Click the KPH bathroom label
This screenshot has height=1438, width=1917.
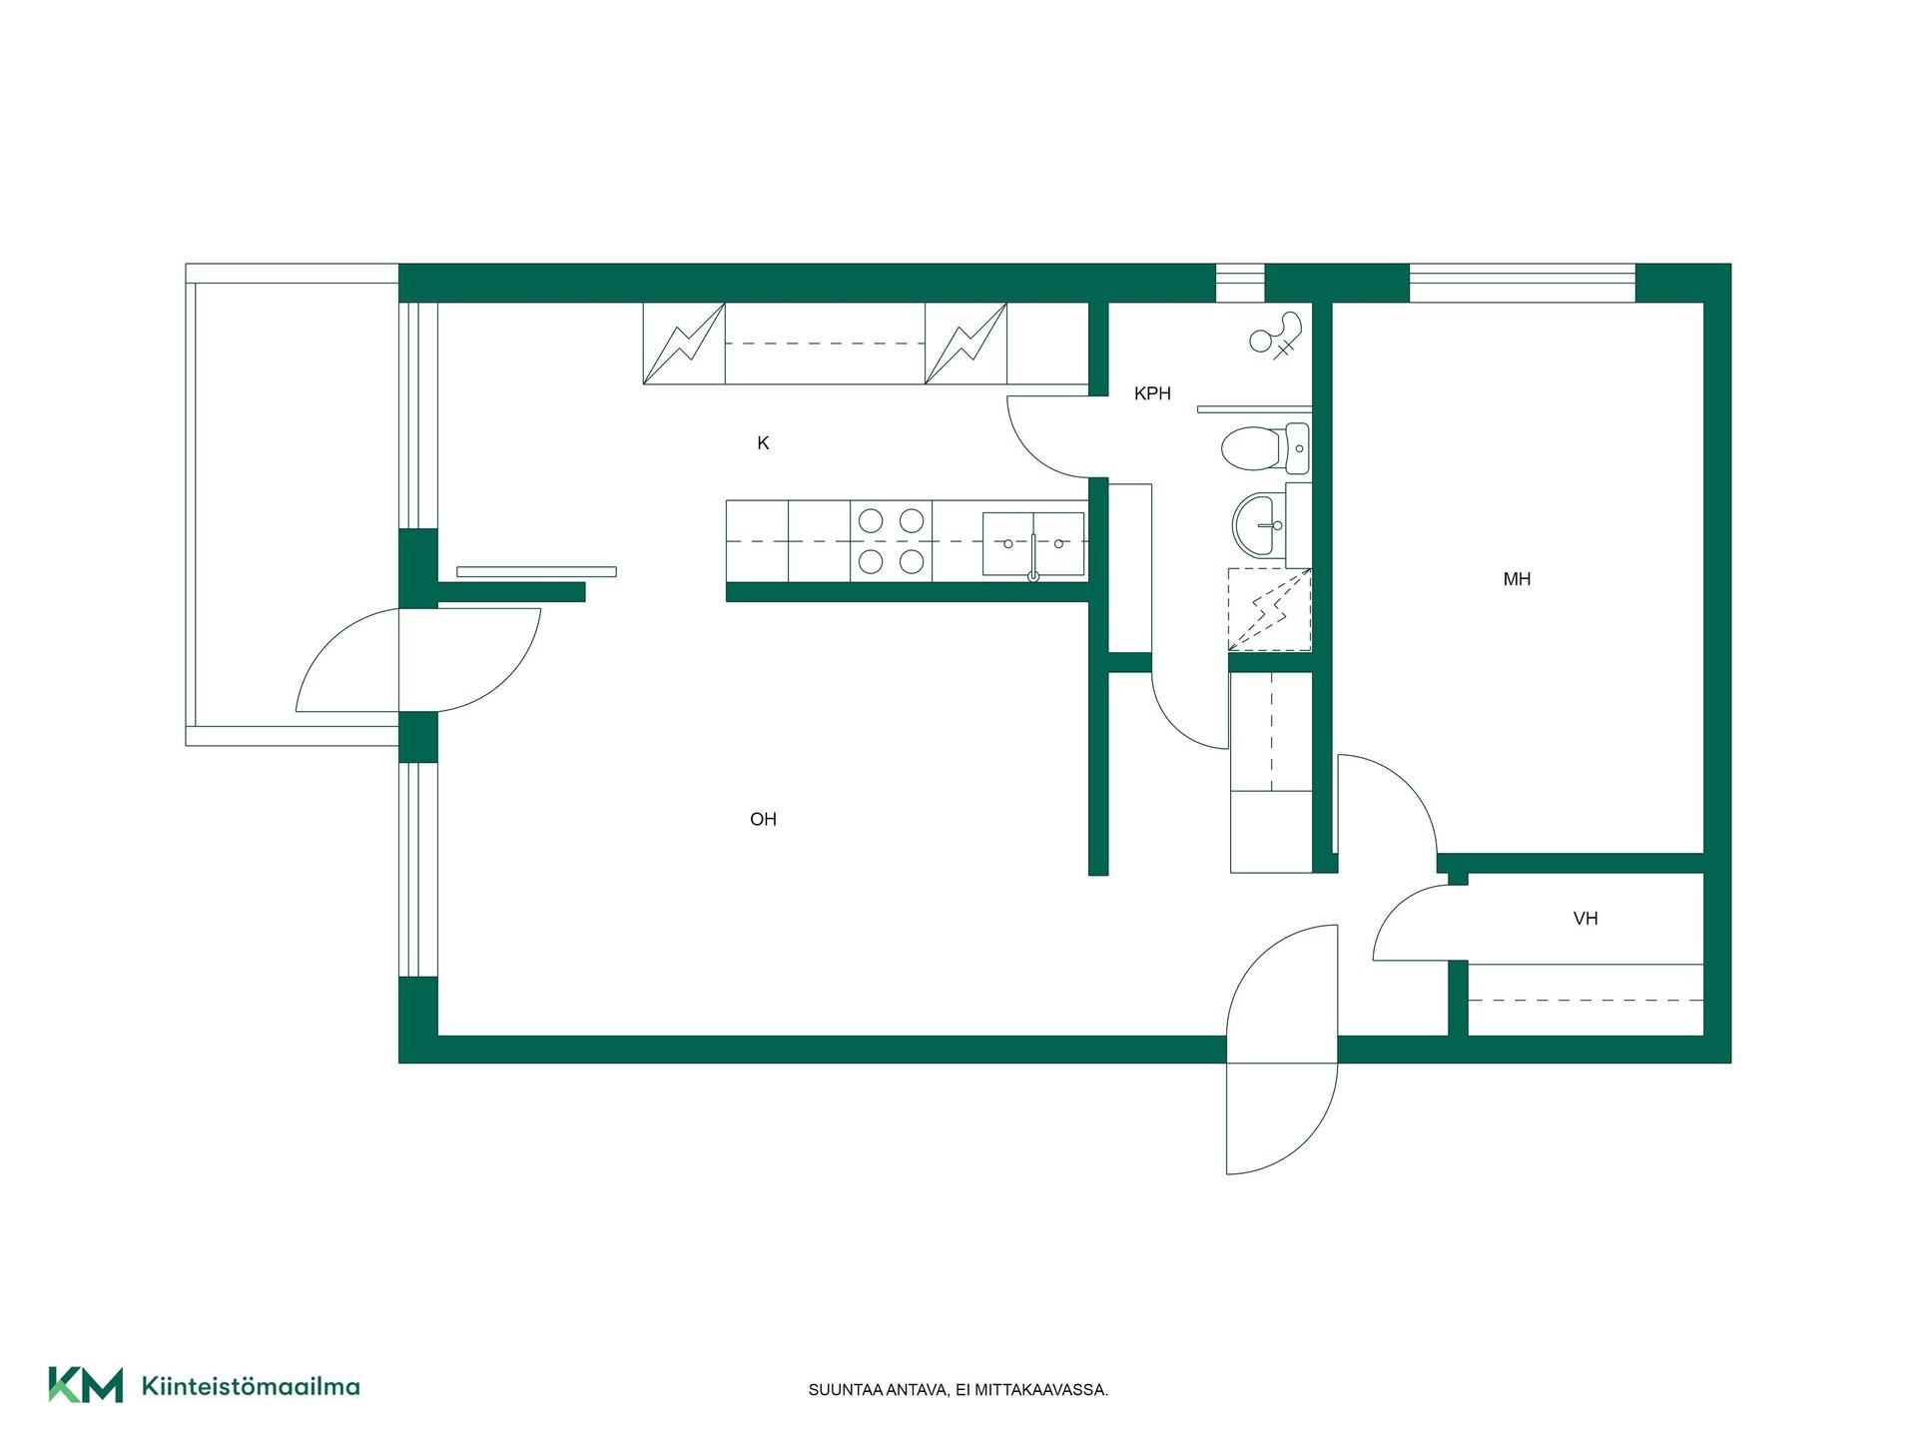click(1152, 393)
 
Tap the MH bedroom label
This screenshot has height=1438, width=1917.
click(1517, 579)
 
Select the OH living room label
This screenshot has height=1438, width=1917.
click(763, 820)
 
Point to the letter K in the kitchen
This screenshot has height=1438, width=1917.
click(763, 443)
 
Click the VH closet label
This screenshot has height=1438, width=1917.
click(1586, 919)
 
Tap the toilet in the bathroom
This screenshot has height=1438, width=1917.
click(1265, 447)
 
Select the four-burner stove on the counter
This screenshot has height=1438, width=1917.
click(891, 540)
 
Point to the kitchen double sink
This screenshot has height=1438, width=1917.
click(1033, 544)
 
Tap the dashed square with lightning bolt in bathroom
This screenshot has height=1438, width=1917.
click(1269, 610)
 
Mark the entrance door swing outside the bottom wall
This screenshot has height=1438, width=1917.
click(1281, 1117)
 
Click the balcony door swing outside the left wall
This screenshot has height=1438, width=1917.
click(346, 660)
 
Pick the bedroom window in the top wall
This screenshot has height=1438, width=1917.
click(1522, 284)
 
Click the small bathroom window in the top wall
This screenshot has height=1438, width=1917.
click(1240, 284)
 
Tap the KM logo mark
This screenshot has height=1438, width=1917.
click(86, 1385)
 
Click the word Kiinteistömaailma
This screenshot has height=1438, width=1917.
click(251, 1386)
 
